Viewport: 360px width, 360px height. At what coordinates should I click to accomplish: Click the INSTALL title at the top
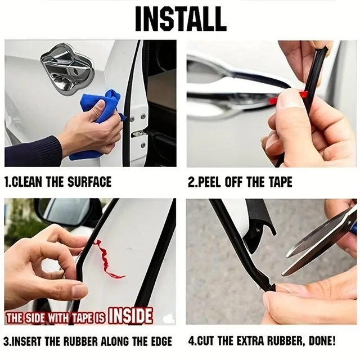(180, 19)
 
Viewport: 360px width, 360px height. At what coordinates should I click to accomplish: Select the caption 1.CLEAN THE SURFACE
(58, 182)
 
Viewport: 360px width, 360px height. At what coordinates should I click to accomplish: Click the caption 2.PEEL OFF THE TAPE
(240, 182)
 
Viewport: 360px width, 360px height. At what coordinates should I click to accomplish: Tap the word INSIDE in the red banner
(130, 316)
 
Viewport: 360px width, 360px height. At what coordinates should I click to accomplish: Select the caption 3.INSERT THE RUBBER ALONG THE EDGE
(88, 341)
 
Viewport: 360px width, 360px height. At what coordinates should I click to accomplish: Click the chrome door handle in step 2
(225, 93)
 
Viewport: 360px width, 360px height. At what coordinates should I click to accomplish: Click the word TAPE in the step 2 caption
(279, 182)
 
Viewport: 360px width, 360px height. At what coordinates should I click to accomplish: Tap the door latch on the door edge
(138, 133)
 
